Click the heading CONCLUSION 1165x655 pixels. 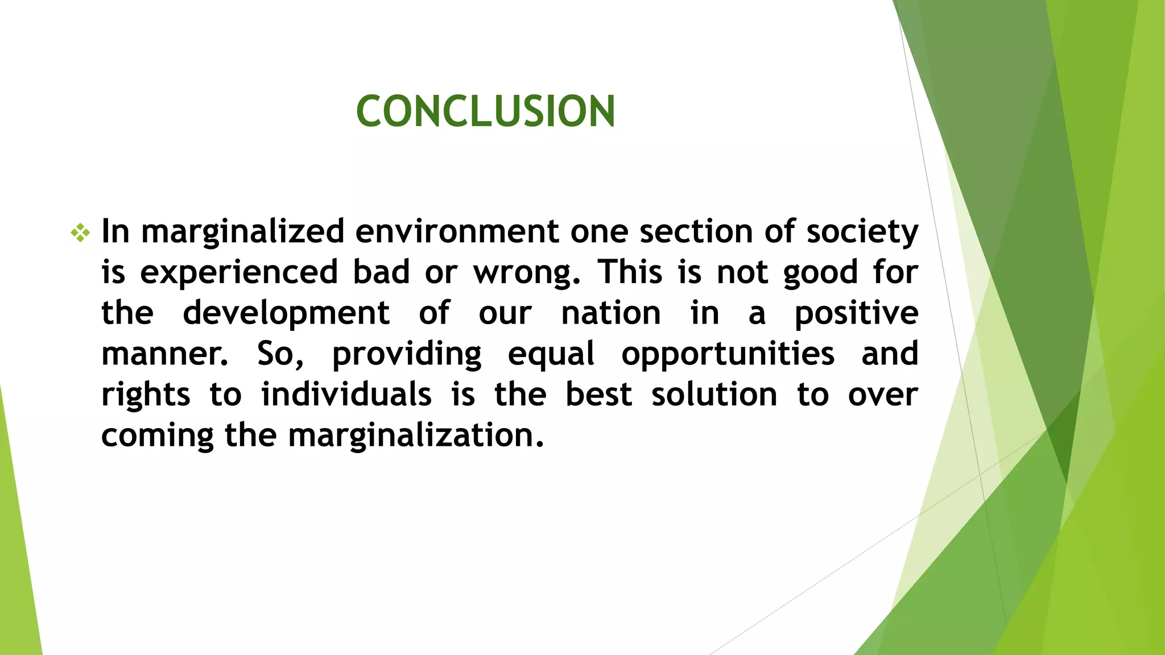pyautogui.click(x=485, y=111)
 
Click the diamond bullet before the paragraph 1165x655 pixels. pyautogui.click(x=80, y=233)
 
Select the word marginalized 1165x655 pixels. pyautogui.click(x=243, y=232)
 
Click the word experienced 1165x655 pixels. pyautogui.click(x=239, y=272)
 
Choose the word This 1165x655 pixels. pyautogui.click(x=630, y=272)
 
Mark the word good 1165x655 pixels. pyautogui.click(x=820, y=273)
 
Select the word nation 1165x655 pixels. pyautogui.click(x=611, y=313)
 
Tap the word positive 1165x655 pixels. pyautogui.click(x=856, y=313)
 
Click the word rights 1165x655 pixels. pyautogui.click(x=146, y=395)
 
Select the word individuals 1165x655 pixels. pyautogui.click(x=346, y=395)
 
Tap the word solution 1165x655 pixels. pyautogui.click(x=714, y=395)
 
